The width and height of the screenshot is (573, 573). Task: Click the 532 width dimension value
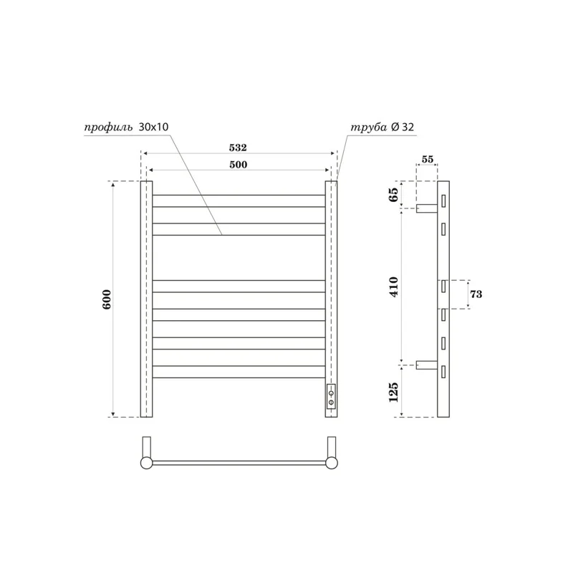238,148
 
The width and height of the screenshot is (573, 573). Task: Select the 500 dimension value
238,165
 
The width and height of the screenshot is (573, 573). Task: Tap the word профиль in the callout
108,127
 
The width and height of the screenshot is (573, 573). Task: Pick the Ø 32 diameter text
403,127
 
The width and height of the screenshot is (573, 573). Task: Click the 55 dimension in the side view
428,160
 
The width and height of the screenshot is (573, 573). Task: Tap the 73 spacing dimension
476,294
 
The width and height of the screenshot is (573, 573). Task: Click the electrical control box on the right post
331,396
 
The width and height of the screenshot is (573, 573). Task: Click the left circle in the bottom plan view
146,463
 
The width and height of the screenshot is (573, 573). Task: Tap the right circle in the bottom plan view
331,463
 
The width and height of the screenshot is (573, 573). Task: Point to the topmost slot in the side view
445,200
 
